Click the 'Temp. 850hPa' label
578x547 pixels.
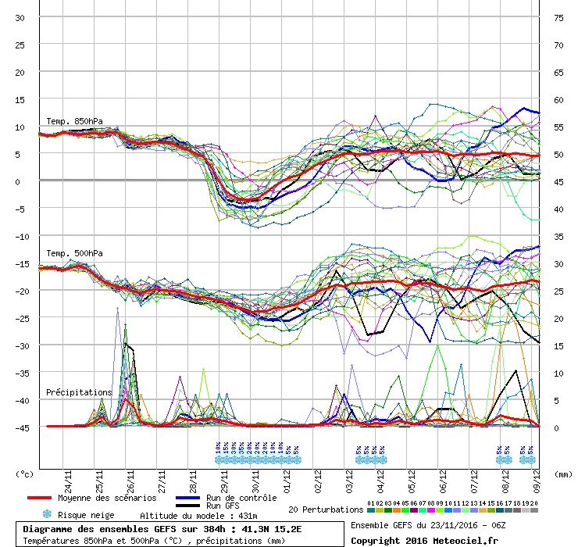[69, 121]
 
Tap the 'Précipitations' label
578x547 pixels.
[79, 391]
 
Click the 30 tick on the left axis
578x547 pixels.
[20, 18]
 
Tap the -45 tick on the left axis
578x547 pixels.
[20, 427]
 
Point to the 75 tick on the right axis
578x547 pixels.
[558, 18]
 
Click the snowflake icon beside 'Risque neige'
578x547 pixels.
[47, 515]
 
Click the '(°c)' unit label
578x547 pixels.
[25, 474]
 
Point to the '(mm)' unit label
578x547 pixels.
[562, 474]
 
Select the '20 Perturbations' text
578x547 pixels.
[325, 509]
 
